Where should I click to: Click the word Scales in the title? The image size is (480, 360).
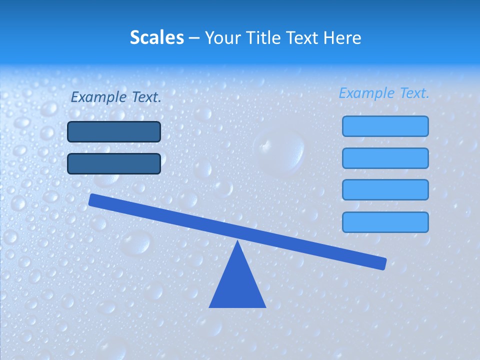pos(156,37)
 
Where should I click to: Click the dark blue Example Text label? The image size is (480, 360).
pos(115,97)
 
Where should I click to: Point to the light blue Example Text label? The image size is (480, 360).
pos(384,93)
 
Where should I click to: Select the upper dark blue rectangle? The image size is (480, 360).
pos(114,132)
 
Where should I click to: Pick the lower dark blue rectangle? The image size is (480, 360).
pos(114,163)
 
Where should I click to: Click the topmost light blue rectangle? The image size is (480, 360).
pos(385,126)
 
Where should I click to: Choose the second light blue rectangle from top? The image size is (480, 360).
pos(385,158)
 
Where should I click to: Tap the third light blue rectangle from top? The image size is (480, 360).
pos(385,189)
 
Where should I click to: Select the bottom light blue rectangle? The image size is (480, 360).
pos(385,222)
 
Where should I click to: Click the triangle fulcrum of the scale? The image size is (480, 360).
pos(237,285)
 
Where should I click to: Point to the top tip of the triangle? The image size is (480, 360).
pos(237,241)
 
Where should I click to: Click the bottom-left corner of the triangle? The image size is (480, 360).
pos(210,307)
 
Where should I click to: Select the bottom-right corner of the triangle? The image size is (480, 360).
pos(265,307)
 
